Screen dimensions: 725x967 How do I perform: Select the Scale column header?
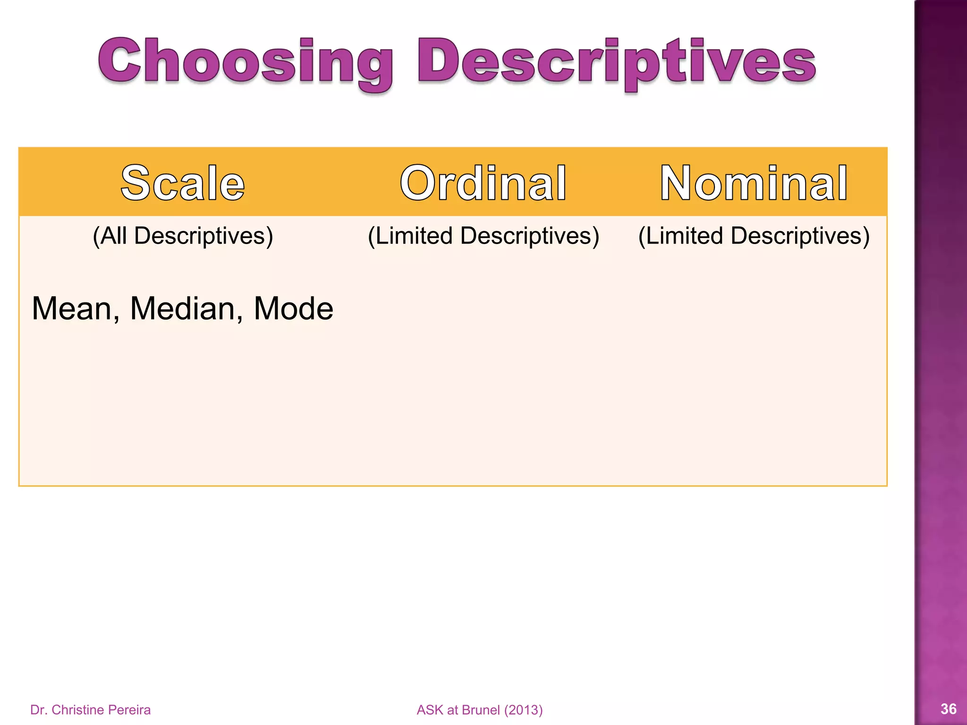click(x=183, y=183)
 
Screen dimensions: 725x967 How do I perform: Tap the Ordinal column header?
click(x=483, y=183)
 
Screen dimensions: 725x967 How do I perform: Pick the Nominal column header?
click(x=754, y=183)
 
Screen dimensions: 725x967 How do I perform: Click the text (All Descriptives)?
click(x=183, y=236)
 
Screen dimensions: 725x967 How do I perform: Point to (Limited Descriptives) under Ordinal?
click(x=483, y=236)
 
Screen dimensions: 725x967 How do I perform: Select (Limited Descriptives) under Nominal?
click(x=754, y=236)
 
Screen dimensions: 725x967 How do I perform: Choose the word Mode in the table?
click(x=293, y=309)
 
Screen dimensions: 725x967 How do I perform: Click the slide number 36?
click(x=949, y=708)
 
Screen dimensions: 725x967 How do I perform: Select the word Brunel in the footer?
click(x=481, y=710)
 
